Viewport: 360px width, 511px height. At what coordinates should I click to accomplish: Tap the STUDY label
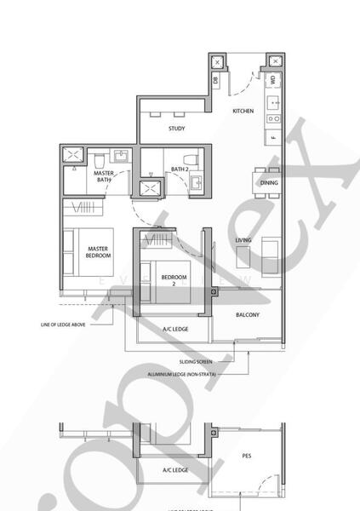point(176,129)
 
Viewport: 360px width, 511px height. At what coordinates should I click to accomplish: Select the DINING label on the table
point(269,183)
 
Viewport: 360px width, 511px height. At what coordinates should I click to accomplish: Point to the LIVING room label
point(243,241)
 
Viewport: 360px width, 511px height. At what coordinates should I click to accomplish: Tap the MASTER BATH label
point(104,175)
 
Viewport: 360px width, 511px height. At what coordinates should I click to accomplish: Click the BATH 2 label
point(179,169)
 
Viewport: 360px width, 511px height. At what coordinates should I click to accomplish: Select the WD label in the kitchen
point(272,80)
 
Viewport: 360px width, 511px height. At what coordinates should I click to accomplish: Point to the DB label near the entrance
point(216,80)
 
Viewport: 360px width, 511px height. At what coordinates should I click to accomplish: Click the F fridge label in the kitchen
point(273,137)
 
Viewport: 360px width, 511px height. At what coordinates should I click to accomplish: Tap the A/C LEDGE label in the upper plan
point(175,329)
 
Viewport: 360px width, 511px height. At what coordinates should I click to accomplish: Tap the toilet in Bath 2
point(195,159)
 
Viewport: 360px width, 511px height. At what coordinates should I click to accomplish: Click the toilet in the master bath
point(99,159)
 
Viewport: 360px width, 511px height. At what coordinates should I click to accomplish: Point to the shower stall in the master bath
point(73,157)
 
